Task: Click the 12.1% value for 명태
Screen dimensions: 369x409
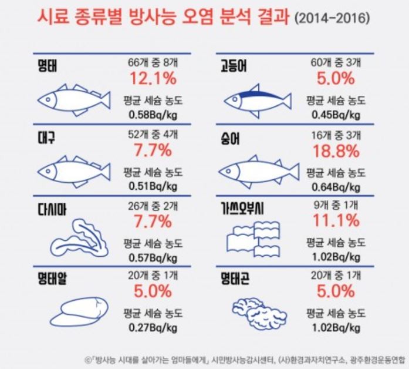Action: [x=150, y=78]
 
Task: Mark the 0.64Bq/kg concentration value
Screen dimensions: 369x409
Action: [x=335, y=186]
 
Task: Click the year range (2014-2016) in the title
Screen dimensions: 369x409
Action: [x=333, y=19]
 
